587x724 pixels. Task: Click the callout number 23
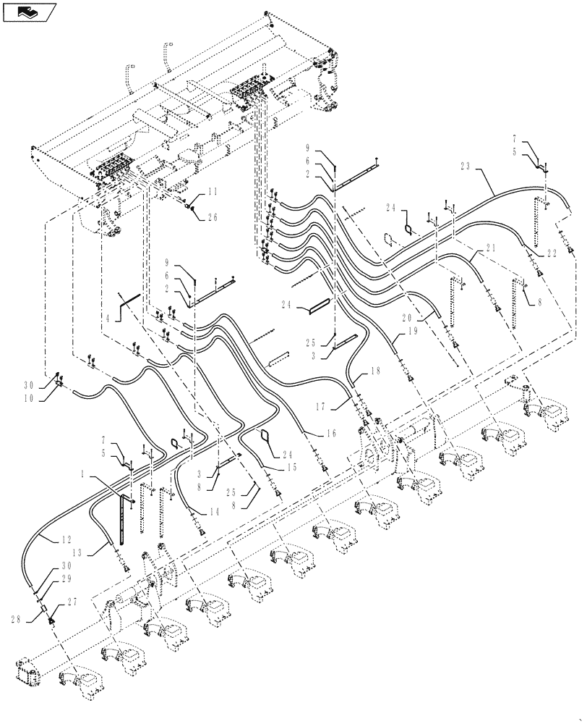[465, 166]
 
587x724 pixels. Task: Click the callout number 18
[375, 371]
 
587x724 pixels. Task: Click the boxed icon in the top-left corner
[29, 12]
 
